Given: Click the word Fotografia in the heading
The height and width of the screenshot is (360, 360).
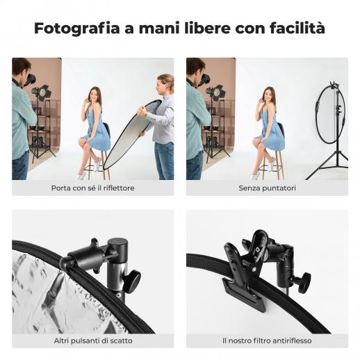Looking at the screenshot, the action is (x=77, y=28).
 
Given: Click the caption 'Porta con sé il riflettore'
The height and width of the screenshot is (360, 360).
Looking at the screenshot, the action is (x=93, y=188).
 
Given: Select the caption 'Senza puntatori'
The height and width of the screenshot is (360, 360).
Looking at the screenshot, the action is (x=268, y=188).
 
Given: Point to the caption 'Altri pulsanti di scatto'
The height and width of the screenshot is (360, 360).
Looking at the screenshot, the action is (x=93, y=341).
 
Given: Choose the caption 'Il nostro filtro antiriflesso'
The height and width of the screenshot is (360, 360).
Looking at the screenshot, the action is (x=267, y=341).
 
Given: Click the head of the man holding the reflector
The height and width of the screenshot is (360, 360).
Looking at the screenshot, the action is (x=165, y=83).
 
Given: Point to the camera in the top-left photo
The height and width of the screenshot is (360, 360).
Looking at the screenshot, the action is (x=31, y=80).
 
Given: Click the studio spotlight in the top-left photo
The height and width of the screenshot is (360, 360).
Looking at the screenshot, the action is (x=42, y=92).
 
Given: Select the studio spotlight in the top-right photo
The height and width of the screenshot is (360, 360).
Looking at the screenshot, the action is (x=216, y=92).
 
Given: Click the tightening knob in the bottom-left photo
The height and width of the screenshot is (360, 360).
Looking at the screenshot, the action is (x=131, y=281).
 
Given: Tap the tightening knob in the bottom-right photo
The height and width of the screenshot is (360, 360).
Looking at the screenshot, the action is (x=304, y=283).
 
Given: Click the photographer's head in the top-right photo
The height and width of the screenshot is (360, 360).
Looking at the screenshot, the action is (x=195, y=67).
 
